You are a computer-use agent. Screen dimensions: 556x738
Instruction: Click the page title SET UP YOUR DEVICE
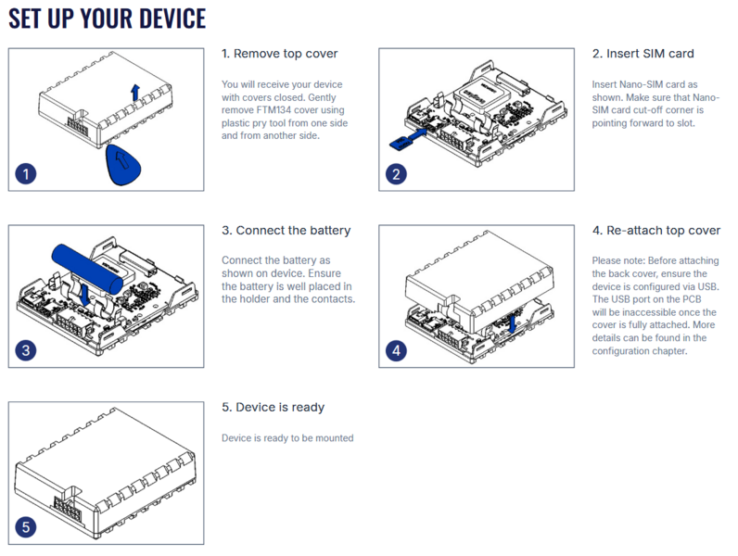click(107, 19)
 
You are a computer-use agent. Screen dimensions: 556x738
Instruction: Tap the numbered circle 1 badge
click(27, 173)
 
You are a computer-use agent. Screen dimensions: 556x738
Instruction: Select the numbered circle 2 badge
click(397, 173)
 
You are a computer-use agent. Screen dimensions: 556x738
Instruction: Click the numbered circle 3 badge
click(27, 350)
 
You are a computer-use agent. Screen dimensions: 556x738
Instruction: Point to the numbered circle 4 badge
click(397, 350)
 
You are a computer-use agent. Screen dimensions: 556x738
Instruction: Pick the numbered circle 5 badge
click(27, 527)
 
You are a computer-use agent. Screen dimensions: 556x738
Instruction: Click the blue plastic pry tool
click(125, 164)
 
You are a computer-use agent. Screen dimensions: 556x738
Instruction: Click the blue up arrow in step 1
click(135, 92)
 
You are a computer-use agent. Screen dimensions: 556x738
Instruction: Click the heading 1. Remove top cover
click(279, 54)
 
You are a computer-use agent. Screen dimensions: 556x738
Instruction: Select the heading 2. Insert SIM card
click(643, 54)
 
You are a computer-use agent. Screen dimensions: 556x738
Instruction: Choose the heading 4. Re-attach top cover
click(655, 230)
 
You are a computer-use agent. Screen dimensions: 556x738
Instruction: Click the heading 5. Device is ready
click(273, 407)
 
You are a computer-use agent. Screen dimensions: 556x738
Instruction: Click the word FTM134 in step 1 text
click(268, 110)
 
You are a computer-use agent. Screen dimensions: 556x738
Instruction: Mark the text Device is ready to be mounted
click(287, 438)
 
